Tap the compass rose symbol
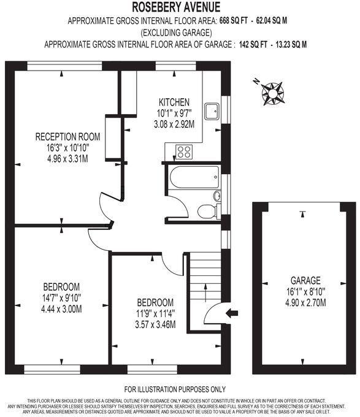[x=272, y=92]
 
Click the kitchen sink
[x=212, y=112]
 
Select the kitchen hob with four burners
[x=183, y=151]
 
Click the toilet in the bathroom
[x=207, y=212]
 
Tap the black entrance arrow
[x=232, y=313]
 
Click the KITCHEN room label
[x=174, y=102]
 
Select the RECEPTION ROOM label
[x=67, y=136]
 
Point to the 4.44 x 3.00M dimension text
[x=61, y=308]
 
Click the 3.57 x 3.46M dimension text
[x=155, y=324]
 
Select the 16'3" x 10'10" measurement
[x=67, y=148]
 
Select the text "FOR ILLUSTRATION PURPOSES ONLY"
[x=175, y=389]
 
